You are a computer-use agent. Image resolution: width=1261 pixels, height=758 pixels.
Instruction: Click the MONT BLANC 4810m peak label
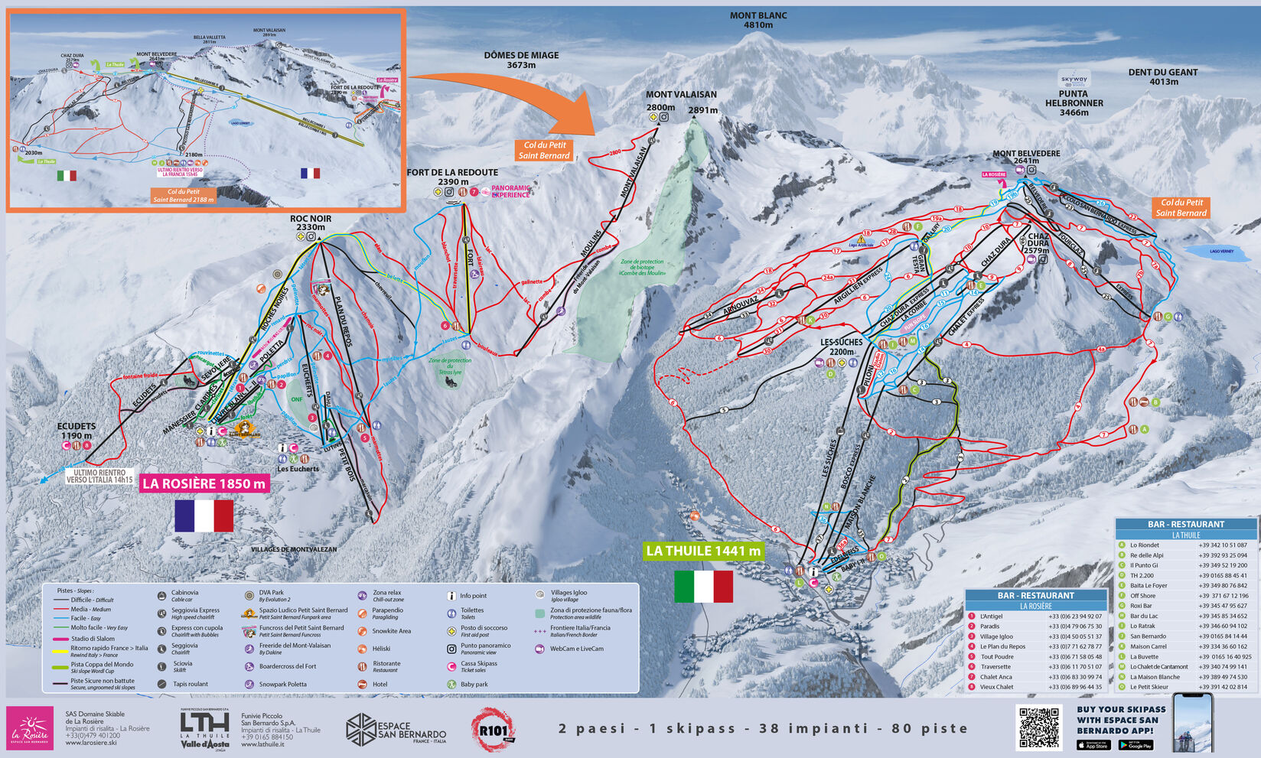tap(758, 20)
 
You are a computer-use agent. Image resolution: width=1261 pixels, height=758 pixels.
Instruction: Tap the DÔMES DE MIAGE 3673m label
tap(521, 60)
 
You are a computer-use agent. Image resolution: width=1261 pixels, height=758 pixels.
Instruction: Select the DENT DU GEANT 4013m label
tap(1162, 76)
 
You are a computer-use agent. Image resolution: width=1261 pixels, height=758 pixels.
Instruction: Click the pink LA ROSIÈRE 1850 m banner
tap(204, 483)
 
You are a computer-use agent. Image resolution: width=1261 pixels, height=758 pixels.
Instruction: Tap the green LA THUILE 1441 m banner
tap(703, 551)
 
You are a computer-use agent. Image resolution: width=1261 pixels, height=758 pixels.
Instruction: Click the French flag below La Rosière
tap(204, 516)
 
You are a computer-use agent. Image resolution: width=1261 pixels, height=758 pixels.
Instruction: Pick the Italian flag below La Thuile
tap(703, 587)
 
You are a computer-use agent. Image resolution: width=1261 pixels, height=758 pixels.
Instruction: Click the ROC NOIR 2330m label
tap(311, 223)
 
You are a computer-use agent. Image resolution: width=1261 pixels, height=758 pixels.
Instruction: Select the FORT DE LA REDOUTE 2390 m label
tap(452, 177)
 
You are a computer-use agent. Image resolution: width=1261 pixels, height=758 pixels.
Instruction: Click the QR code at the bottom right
tap(1039, 727)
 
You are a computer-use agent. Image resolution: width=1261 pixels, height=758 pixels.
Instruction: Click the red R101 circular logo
tap(492, 728)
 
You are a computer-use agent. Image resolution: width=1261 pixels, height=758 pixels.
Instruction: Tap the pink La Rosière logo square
tap(30, 727)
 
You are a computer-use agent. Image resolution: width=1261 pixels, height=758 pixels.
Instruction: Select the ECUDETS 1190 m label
tap(77, 431)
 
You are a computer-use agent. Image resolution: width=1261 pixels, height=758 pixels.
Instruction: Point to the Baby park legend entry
tap(468, 684)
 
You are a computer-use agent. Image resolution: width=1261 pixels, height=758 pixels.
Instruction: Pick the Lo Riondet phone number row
tap(1186, 545)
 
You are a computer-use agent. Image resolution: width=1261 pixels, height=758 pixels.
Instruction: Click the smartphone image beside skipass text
tap(1193, 723)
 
